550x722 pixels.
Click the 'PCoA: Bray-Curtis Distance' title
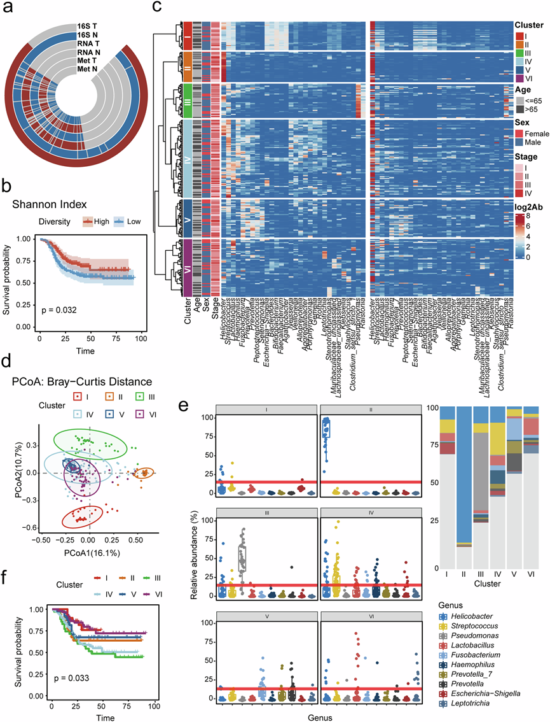pyautogui.click(x=77, y=381)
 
